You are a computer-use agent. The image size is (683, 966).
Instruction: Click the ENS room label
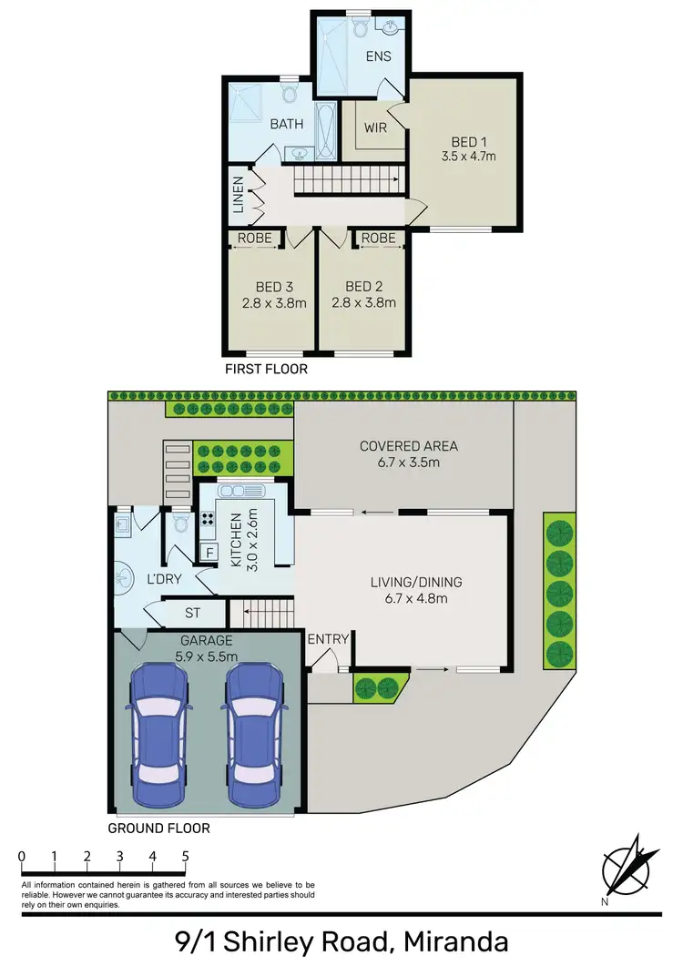point(378,56)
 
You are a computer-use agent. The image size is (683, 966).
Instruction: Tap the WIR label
point(375,127)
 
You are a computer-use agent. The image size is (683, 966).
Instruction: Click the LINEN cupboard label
point(238,194)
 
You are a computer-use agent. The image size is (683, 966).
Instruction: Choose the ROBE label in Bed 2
point(378,239)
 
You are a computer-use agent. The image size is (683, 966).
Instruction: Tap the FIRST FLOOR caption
point(266,369)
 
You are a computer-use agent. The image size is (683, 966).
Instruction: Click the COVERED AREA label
point(409,446)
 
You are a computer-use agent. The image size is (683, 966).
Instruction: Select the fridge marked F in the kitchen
point(209,552)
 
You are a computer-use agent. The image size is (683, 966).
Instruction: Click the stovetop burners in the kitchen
point(208,521)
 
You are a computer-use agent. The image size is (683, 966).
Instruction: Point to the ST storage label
point(191,613)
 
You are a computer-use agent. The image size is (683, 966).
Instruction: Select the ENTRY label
point(328,639)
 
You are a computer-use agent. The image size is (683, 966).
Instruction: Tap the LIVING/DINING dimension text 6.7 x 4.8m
point(415,598)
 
